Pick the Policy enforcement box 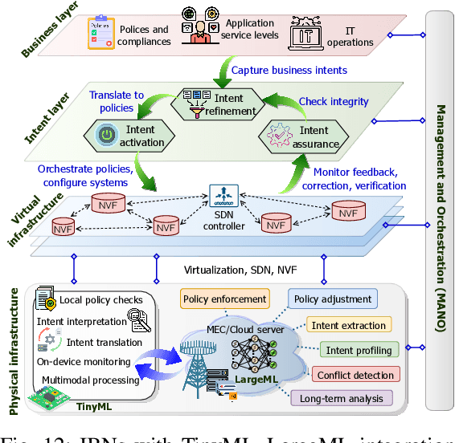tap(225, 299)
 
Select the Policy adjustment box tap(333, 299)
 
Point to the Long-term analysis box tap(342, 398)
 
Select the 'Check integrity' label tap(334, 101)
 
